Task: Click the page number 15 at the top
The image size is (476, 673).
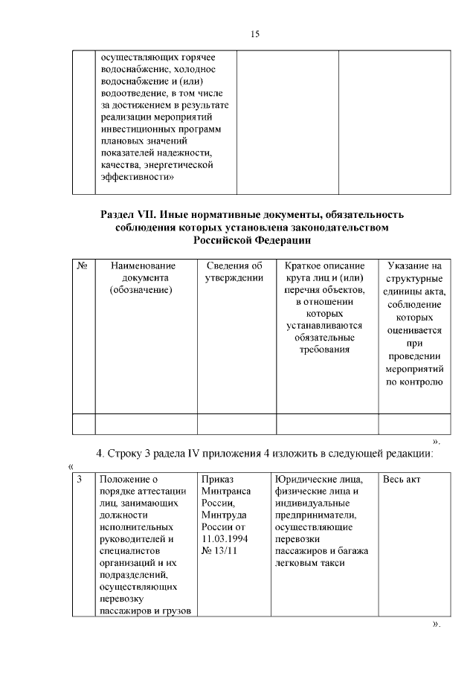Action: pyautogui.click(x=255, y=34)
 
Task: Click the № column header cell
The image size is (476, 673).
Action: pyautogui.click(x=83, y=265)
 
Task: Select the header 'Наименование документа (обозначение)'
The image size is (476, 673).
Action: pyautogui.click(x=146, y=278)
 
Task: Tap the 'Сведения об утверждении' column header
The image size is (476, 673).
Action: pyautogui.click(x=236, y=271)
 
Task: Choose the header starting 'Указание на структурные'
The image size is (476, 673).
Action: pyautogui.click(x=414, y=265)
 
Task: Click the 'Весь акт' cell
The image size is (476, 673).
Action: pyautogui.click(x=402, y=479)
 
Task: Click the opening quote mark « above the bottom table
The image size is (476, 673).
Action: pyautogui.click(x=71, y=466)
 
